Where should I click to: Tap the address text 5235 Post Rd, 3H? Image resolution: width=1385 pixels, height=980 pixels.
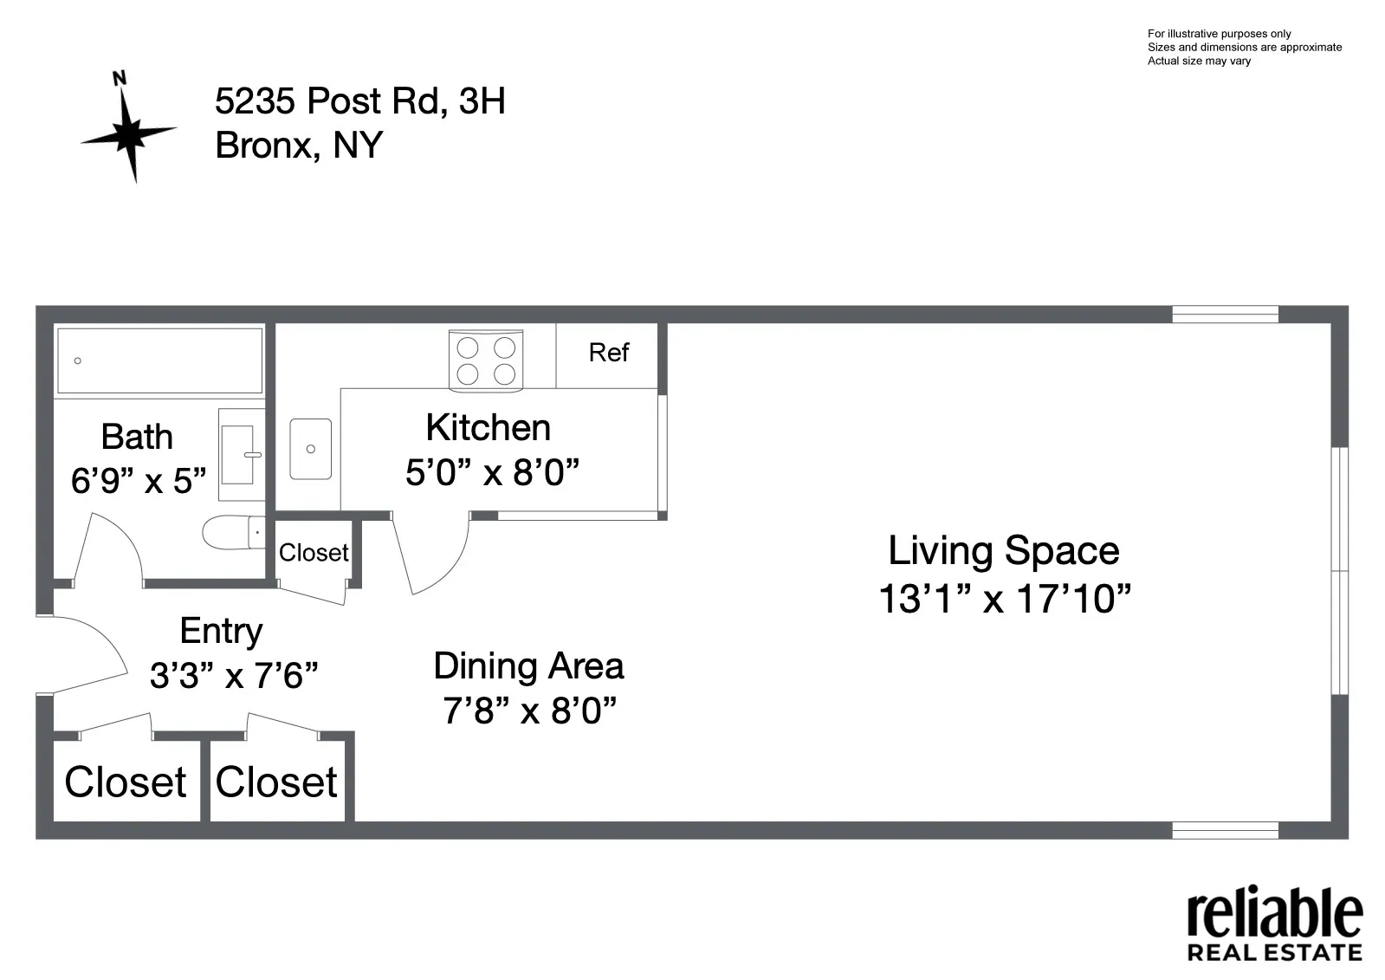[359, 101]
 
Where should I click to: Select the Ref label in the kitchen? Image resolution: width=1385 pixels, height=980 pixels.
[608, 353]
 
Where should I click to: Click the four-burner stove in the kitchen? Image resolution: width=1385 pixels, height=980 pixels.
[486, 360]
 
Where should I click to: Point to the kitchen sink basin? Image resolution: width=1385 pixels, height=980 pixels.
[310, 449]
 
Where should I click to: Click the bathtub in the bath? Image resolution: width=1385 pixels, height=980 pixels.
[159, 360]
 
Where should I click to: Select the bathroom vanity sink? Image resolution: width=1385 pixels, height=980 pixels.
[240, 454]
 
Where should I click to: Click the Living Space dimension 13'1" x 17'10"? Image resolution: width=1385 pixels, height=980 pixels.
[1004, 599]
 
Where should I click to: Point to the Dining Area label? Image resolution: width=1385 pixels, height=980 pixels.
[528, 666]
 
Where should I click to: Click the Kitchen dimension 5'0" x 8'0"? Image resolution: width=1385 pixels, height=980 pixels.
[491, 473]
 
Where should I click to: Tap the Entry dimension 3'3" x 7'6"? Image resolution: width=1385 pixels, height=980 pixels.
[234, 676]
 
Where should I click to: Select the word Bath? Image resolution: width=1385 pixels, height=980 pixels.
[137, 437]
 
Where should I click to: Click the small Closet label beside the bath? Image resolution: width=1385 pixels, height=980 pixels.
[314, 553]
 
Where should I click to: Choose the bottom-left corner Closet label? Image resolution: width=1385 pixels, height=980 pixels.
[126, 782]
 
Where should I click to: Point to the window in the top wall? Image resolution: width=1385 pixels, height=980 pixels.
[1225, 314]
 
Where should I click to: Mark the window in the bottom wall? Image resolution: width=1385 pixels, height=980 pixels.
[1225, 830]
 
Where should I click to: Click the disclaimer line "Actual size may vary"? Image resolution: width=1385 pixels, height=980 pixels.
[1199, 62]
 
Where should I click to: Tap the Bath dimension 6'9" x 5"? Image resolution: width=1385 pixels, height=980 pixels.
[139, 481]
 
